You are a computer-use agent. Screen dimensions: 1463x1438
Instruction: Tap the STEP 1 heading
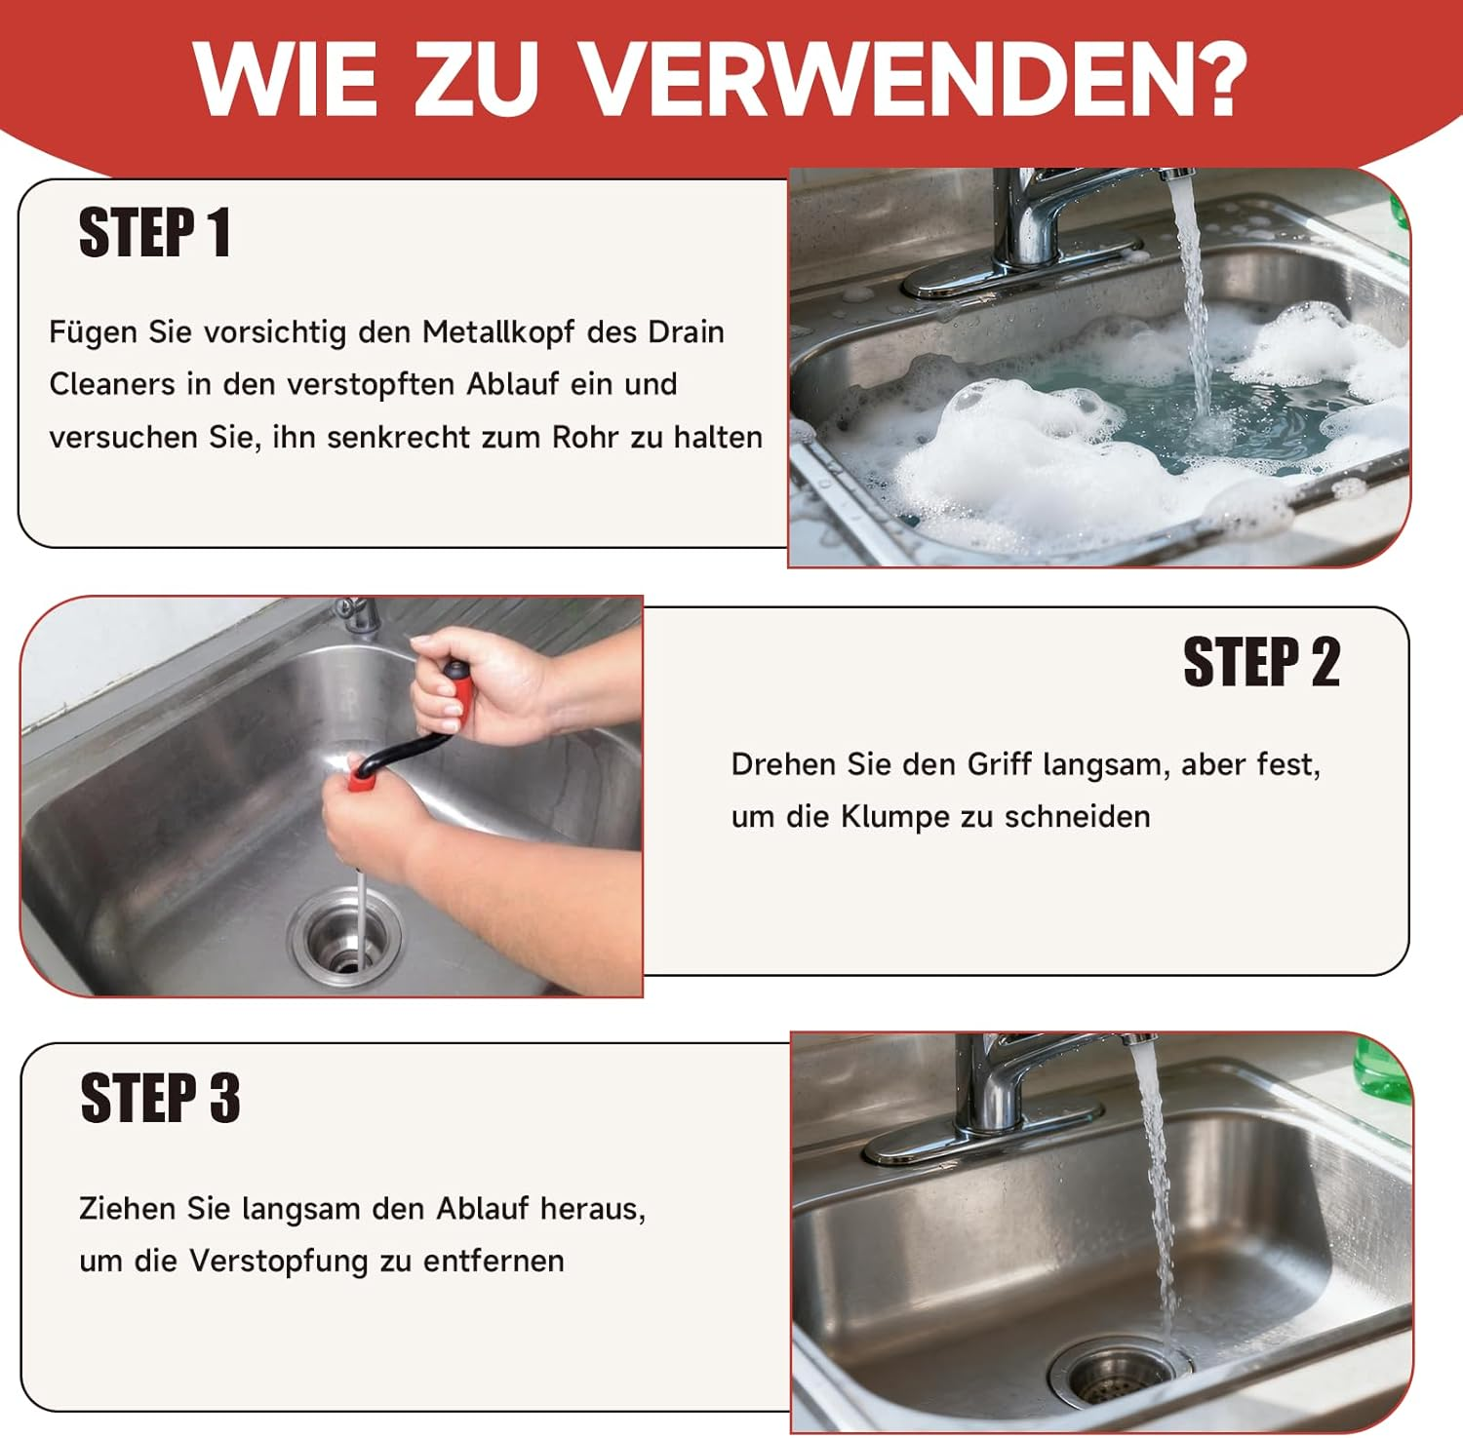tap(155, 233)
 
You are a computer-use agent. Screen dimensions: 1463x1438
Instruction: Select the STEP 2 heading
tap(1261, 662)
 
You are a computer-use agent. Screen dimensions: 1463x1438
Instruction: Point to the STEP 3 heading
tap(160, 1098)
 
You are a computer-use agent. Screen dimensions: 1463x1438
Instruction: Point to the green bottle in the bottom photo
tap(1384, 1070)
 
